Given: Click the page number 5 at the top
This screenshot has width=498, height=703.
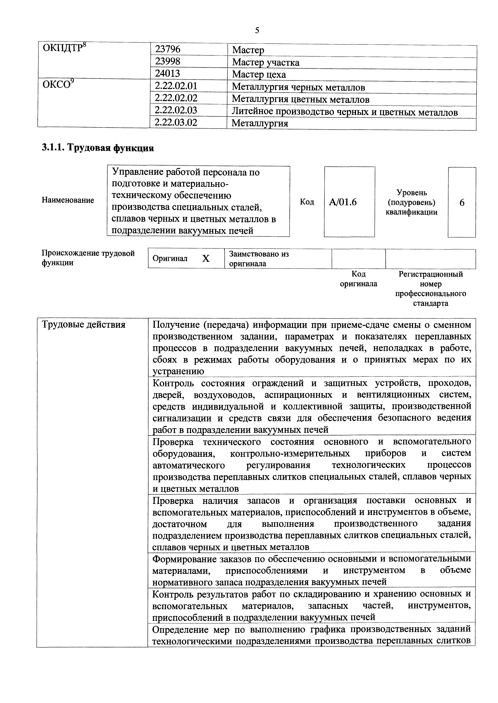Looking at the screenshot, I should point(257,30).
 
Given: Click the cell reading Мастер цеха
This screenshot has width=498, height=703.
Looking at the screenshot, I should point(259,74).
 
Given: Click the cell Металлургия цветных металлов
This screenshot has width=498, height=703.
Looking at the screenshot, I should point(301,99).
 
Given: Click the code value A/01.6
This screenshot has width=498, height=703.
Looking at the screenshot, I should point(343,202).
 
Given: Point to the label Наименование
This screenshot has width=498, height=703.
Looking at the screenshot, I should point(68,200).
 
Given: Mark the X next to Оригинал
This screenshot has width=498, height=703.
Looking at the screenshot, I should point(206,259).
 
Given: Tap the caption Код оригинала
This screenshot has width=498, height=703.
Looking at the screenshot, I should point(358,279).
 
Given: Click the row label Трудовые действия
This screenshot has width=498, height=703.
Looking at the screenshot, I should point(83,324).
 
